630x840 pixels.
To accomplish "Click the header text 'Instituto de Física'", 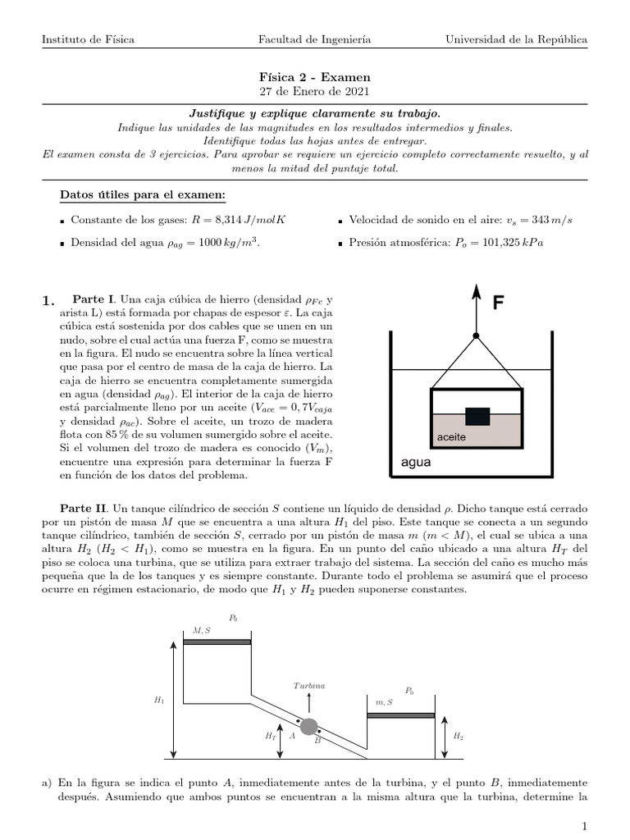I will coord(89,39).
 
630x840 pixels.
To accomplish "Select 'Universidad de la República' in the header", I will coord(516,39).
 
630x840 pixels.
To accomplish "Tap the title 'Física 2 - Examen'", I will coord(315,76).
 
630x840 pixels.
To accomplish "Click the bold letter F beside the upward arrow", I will coord(497,304).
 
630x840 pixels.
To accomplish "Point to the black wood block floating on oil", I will coord(477,415).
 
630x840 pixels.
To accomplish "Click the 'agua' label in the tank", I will coord(415,462).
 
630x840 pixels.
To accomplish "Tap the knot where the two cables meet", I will coord(476,336).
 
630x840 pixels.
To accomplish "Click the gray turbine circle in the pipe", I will coord(309,726).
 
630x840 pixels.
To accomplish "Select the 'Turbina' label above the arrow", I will coord(308,685).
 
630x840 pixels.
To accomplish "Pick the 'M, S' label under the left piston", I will coord(201,630).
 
